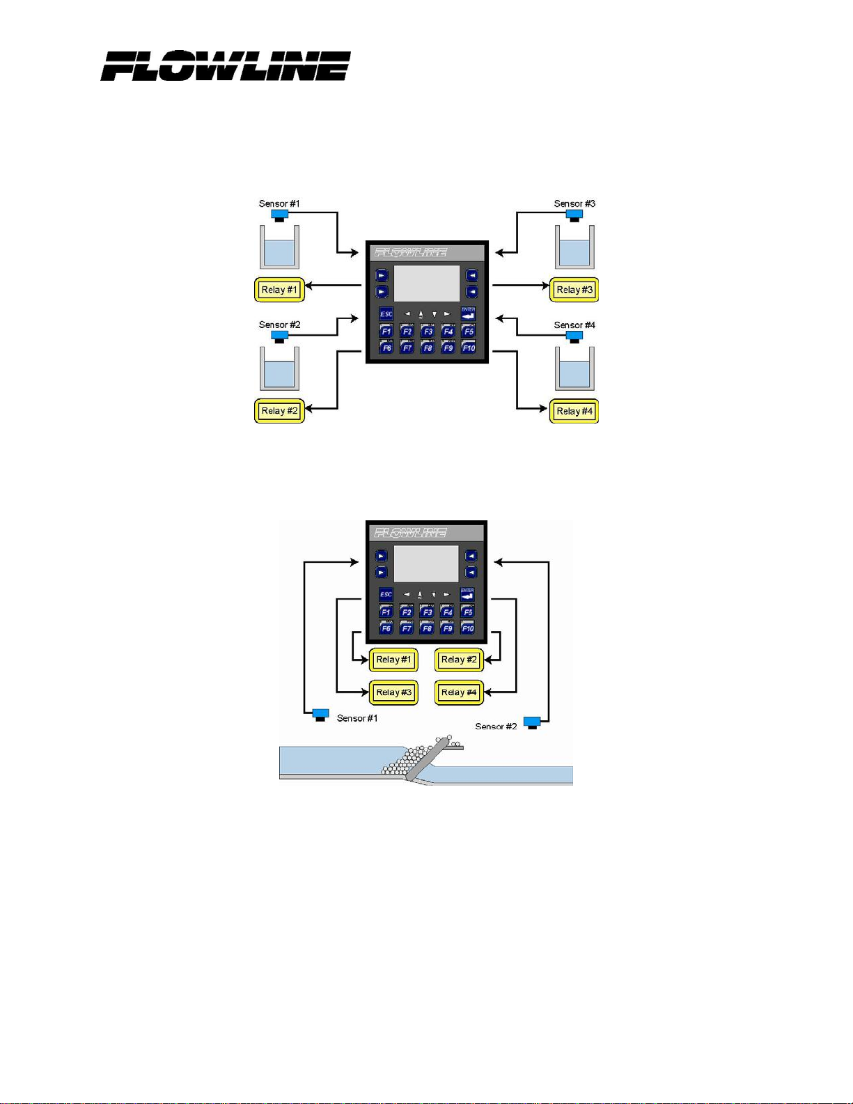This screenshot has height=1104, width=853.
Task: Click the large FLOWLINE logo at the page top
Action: point(226,66)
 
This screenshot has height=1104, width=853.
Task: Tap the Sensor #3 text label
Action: point(574,203)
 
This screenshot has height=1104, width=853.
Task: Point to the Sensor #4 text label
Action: point(574,325)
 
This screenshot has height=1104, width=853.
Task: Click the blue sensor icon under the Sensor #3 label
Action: point(574,215)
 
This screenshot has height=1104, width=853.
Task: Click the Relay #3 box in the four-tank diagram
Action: point(574,290)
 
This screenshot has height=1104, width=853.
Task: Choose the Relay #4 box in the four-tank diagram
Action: point(574,411)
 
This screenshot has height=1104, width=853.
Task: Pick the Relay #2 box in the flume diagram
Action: point(459,660)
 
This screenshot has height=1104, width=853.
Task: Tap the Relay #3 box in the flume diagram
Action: point(393,692)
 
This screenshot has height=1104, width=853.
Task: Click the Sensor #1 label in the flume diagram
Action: point(357,718)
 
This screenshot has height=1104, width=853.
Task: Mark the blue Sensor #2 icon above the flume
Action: point(532,722)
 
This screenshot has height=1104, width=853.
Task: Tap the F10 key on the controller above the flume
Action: point(467,628)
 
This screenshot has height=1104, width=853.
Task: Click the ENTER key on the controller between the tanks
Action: point(468,314)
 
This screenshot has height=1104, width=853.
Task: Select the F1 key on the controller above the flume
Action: point(386,612)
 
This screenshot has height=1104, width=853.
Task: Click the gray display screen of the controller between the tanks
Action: point(427,283)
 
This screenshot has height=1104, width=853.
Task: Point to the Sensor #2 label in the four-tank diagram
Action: point(279,325)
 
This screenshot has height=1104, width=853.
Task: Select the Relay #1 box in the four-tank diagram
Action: point(279,290)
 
